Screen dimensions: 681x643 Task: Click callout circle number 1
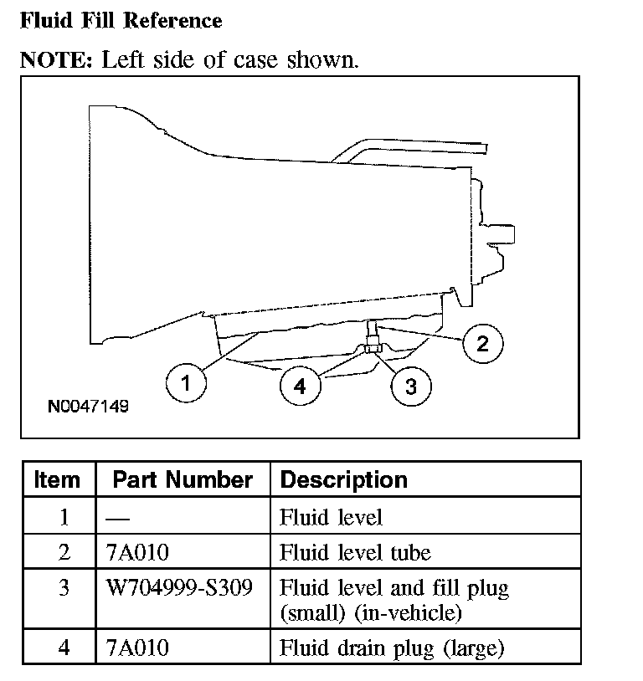185,385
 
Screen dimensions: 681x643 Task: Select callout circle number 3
411,387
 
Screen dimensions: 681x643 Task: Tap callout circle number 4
300,386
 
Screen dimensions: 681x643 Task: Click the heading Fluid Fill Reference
121,21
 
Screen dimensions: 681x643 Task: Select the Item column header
57,480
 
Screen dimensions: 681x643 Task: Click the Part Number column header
182,480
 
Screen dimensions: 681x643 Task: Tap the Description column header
343,480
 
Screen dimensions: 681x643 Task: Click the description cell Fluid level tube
355,552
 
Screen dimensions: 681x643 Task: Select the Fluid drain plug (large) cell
391,647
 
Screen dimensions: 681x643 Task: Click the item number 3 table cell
63,587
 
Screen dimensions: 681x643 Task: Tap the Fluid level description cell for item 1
331,517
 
